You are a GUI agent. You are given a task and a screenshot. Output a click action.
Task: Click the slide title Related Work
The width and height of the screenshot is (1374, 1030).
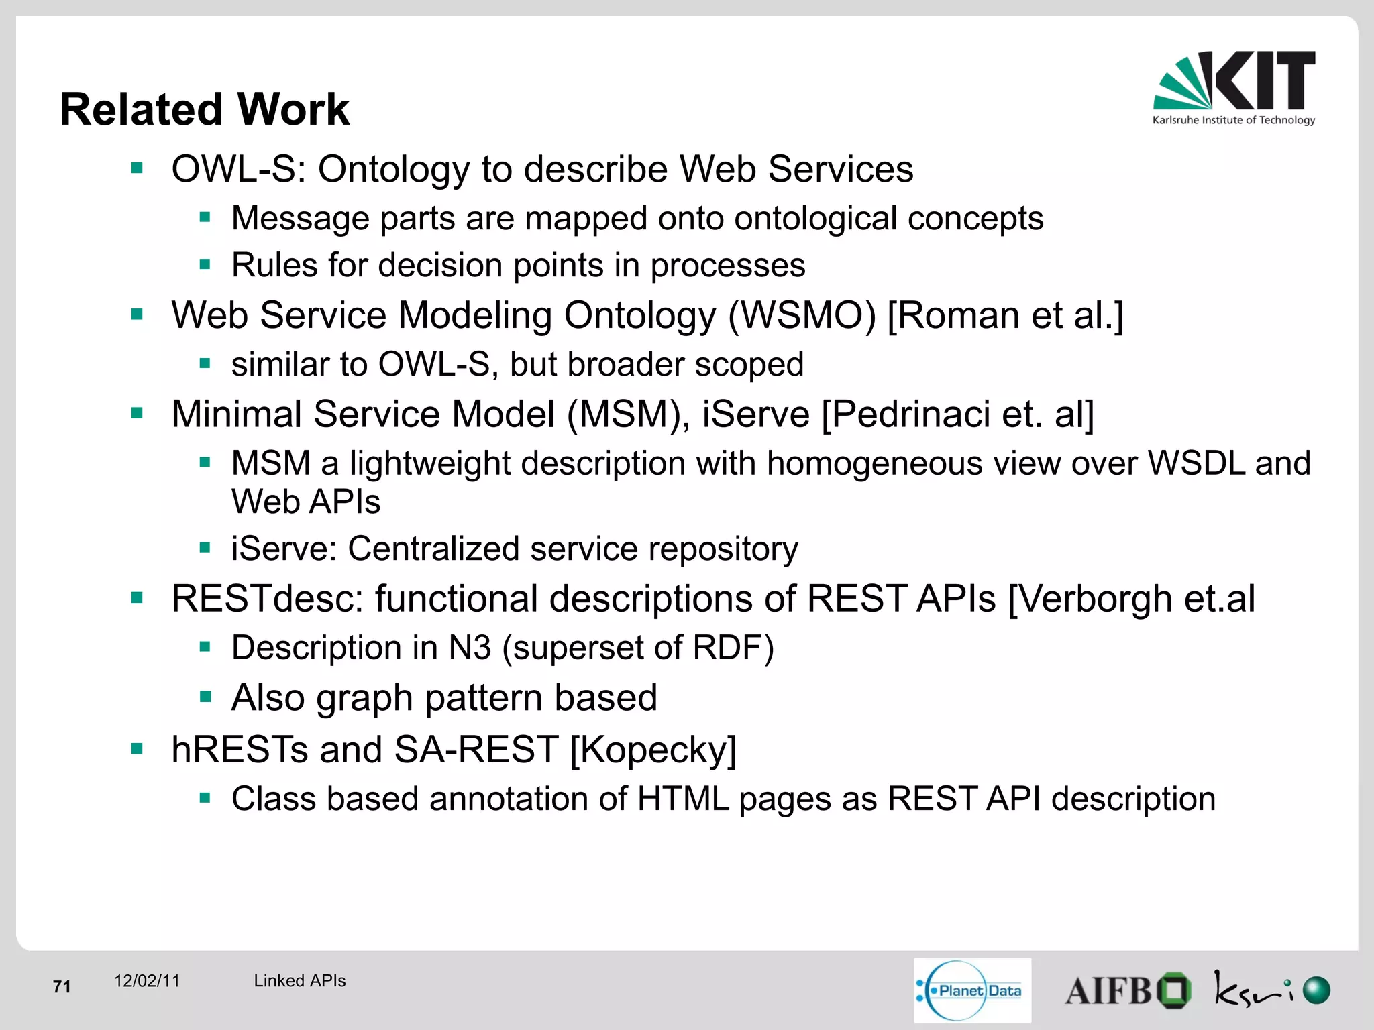205,109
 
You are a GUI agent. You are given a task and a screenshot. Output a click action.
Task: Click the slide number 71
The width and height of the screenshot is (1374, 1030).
62,986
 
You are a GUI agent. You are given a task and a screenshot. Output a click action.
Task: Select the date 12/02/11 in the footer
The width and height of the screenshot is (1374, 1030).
147,981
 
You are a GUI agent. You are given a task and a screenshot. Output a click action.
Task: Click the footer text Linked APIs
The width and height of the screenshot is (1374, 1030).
299,981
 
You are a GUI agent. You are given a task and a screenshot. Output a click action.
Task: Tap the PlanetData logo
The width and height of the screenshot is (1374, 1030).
971,990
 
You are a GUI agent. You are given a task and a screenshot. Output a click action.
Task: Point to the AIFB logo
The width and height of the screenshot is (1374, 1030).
1127,990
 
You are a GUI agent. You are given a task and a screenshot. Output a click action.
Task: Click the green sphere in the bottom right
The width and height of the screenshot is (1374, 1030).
1316,990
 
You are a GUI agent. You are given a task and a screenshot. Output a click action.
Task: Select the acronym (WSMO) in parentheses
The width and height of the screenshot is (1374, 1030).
802,315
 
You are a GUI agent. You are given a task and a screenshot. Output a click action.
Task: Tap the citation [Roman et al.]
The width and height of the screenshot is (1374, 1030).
1005,315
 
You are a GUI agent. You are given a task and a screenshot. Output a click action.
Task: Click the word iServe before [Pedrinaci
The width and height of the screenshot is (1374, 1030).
755,414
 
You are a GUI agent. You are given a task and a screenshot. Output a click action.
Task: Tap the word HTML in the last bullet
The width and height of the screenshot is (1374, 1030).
683,799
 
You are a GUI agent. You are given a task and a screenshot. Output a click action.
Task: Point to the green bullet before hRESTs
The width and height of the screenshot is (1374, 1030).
138,748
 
